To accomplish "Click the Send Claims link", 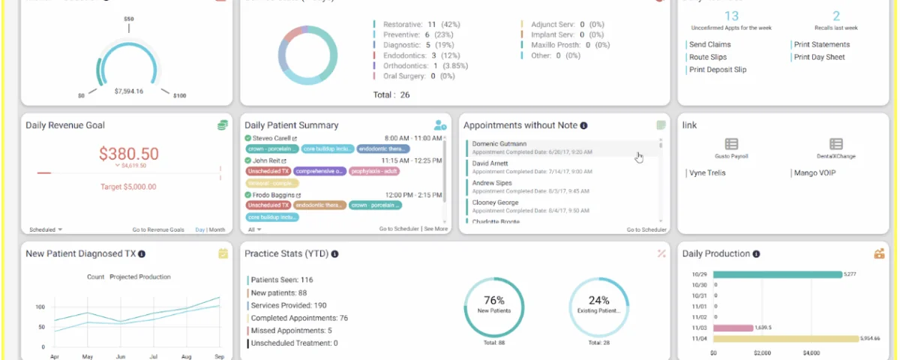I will [x=709, y=44].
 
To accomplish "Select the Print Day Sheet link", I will [x=819, y=57].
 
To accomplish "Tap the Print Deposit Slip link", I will [x=718, y=70].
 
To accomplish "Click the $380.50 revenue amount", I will [x=129, y=154].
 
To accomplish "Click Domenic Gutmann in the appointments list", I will [x=499, y=144].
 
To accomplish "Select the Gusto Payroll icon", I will [x=731, y=144].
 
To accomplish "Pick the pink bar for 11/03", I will [x=733, y=328].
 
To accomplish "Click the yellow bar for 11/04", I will [x=785, y=338].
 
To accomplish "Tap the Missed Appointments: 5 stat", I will [x=291, y=331].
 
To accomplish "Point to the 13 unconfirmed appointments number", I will [x=732, y=16].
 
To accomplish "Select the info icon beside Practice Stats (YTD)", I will [x=334, y=254].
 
